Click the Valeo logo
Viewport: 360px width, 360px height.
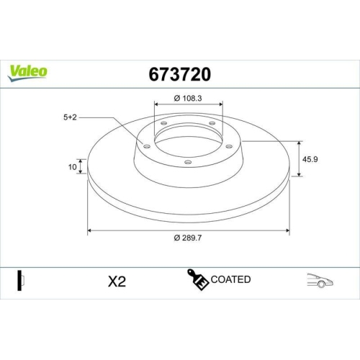click(x=27, y=71)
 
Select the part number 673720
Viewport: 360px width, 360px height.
click(x=180, y=73)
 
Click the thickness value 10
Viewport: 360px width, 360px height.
click(x=72, y=167)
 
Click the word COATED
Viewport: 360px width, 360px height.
click(x=231, y=279)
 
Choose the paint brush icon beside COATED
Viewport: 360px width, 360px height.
click(x=199, y=281)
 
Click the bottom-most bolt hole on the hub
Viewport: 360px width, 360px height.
click(x=188, y=162)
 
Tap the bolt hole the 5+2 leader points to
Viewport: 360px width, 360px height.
click(x=147, y=146)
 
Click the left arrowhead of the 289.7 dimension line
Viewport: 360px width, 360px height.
click(x=90, y=231)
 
